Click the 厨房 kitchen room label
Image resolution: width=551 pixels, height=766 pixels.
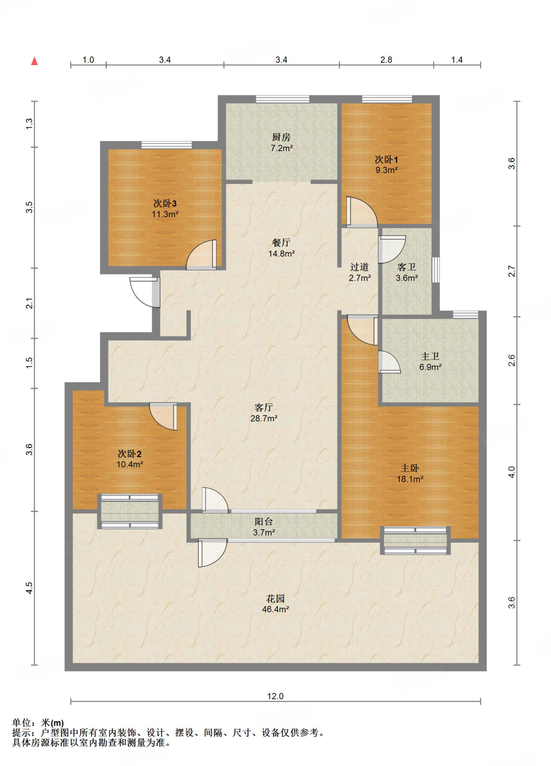pos(281,137)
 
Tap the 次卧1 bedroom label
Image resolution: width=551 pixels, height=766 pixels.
pos(386,160)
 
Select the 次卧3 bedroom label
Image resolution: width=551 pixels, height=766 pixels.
pos(165,203)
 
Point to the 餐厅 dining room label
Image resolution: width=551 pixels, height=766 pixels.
pos(281,243)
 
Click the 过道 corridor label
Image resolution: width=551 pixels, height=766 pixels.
pos(359,267)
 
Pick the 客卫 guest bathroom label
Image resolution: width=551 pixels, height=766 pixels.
pos(407,267)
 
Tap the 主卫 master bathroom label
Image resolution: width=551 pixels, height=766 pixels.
pos(430,356)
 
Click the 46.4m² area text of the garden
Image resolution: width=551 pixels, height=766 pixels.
pos(275,609)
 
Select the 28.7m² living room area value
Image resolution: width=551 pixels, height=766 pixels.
pos(264,419)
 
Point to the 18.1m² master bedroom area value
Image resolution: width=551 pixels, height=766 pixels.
pos(410,479)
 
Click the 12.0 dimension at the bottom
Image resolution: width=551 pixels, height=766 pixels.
pos(275,696)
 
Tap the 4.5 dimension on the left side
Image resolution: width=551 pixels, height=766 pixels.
pos(29,588)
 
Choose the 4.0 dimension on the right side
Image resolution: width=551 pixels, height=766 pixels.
pos(511,472)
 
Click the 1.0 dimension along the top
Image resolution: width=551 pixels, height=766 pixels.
pos(88,60)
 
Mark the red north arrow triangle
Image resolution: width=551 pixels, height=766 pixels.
pos(34,61)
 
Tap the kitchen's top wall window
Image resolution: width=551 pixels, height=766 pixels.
pos(283,99)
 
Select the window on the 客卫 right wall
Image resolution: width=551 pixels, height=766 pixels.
pos(436,270)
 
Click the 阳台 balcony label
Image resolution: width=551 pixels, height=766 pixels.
pos(264,521)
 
